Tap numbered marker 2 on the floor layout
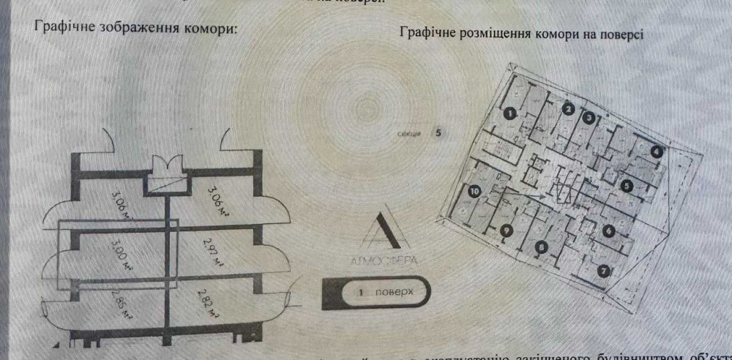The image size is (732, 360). tap(567, 110)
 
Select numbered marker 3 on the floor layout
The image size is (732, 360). tap(588, 117)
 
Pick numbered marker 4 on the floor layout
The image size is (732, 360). tap(657, 151)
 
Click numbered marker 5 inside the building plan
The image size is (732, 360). tap(627, 186)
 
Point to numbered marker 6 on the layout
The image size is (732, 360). tap(609, 230)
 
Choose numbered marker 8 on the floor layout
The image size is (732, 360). tap(541, 248)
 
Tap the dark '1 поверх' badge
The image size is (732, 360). tap(375, 291)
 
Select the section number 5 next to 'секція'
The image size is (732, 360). tap(438, 133)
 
